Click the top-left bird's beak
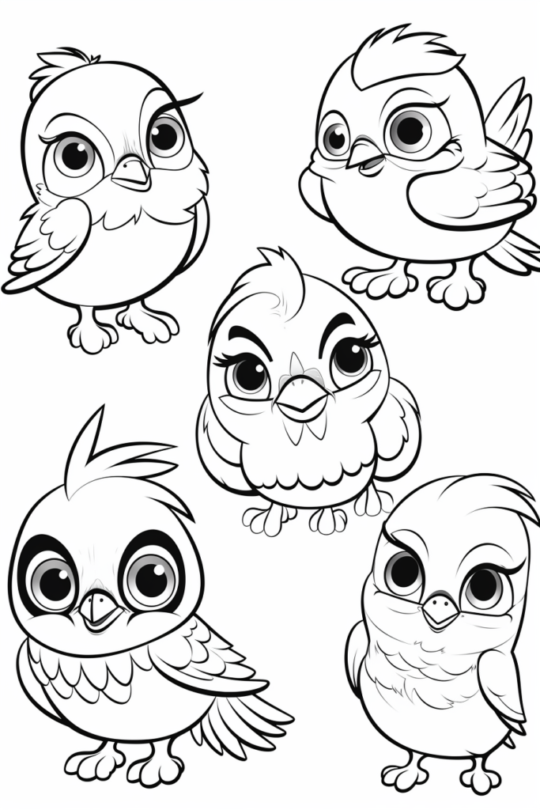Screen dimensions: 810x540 [132, 172]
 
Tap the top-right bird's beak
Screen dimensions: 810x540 [366, 155]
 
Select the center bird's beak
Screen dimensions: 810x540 [301, 398]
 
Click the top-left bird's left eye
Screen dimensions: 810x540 [74, 156]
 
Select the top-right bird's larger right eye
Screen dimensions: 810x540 [410, 130]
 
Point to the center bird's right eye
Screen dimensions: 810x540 [349, 358]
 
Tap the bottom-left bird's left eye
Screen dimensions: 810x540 [53, 583]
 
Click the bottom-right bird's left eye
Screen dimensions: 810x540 [403, 572]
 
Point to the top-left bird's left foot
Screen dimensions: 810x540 [92, 331]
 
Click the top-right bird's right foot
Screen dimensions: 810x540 [456, 288]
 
